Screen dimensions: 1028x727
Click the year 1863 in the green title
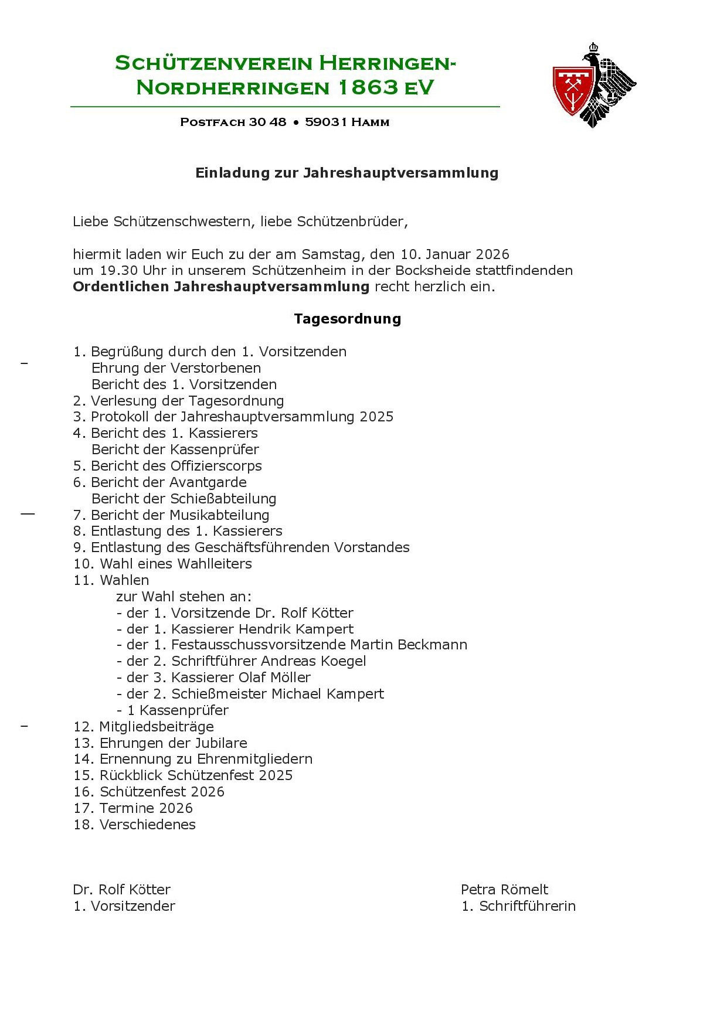pyautogui.click(x=369, y=87)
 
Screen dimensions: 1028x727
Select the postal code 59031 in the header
pyautogui.click(x=326, y=122)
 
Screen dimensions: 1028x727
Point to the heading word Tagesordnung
pyautogui.click(x=347, y=319)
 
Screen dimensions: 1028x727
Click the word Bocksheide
pyautogui.click(x=433, y=271)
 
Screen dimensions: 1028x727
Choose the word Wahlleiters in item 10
pyautogui.click(x=214, y=564)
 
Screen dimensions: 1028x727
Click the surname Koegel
pyautogui.click(x=343, y=661)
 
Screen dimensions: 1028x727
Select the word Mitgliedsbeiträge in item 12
pyautogui.click(x=157, y=727)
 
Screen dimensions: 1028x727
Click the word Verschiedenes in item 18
pyautogui.click(x=147, y=825)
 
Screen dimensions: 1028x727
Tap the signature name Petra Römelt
pyautogui.click(x=504, y=890)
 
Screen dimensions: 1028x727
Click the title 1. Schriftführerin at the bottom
pyautogui.click(x=518, y=906)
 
